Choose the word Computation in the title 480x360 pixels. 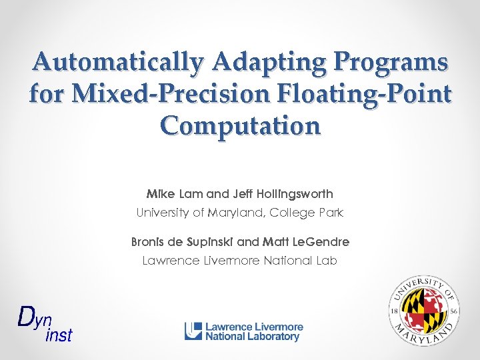tap(240, 125)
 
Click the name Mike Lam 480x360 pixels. tap(175, 194)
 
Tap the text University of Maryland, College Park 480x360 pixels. tap(240, 213)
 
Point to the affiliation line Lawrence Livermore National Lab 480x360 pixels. tap(240, 261)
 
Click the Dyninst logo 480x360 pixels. tap(43, 323)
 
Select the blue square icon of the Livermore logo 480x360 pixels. tap(193, 331)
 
